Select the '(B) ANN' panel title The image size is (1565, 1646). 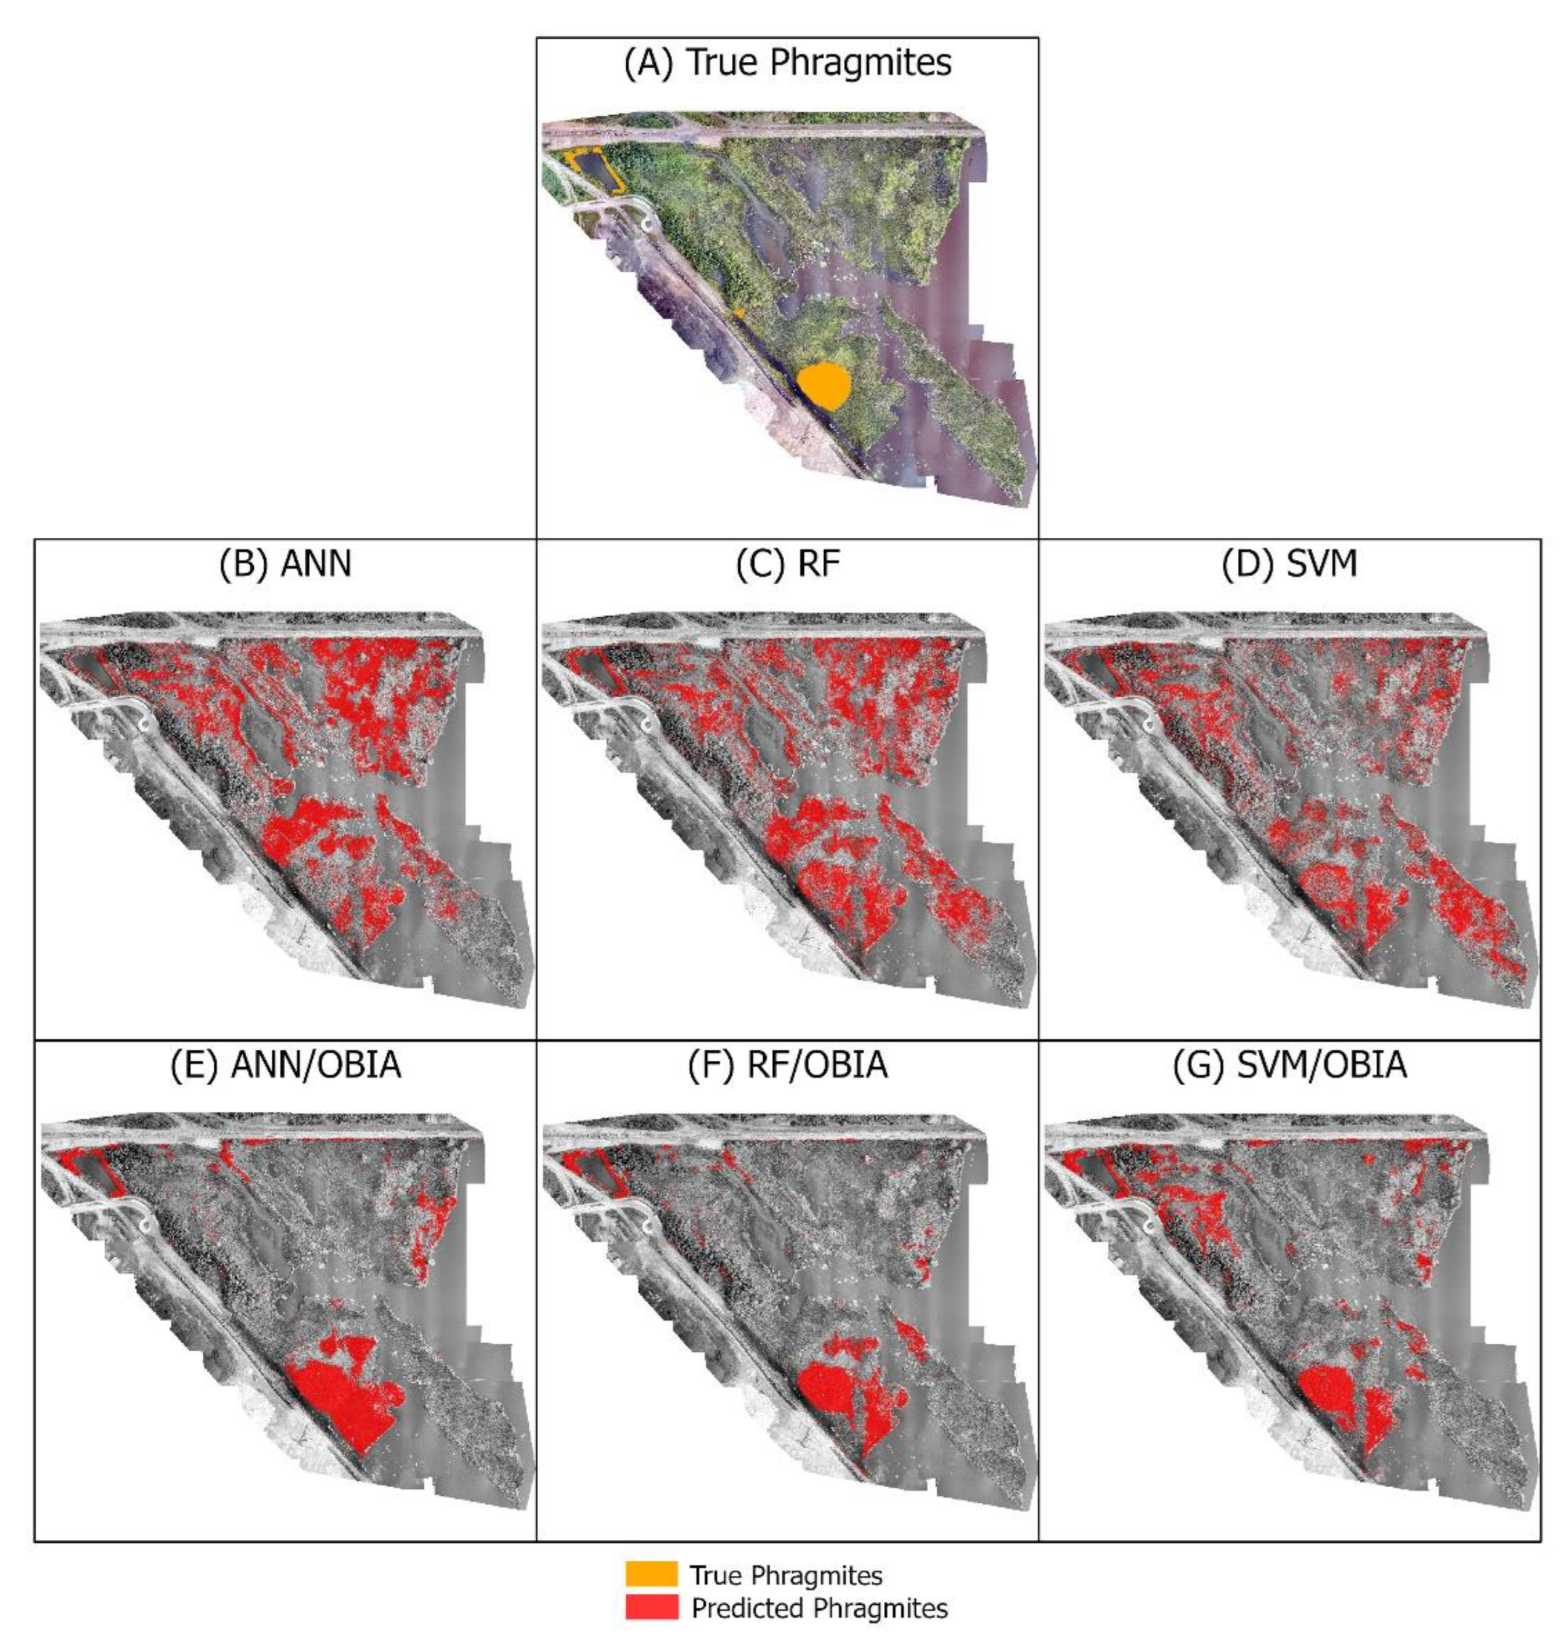coord(285,564)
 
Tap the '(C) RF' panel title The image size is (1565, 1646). coord(787,564)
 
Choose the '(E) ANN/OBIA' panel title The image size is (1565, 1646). coord(285,1066)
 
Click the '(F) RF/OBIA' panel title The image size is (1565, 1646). coord(787,1066)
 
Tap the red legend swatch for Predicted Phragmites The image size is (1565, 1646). coord(651,1607)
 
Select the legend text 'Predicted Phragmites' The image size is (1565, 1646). coord(819,1608)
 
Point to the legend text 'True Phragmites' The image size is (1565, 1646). coord(786,1575)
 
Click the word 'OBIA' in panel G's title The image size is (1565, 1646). coord(1360,1066)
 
